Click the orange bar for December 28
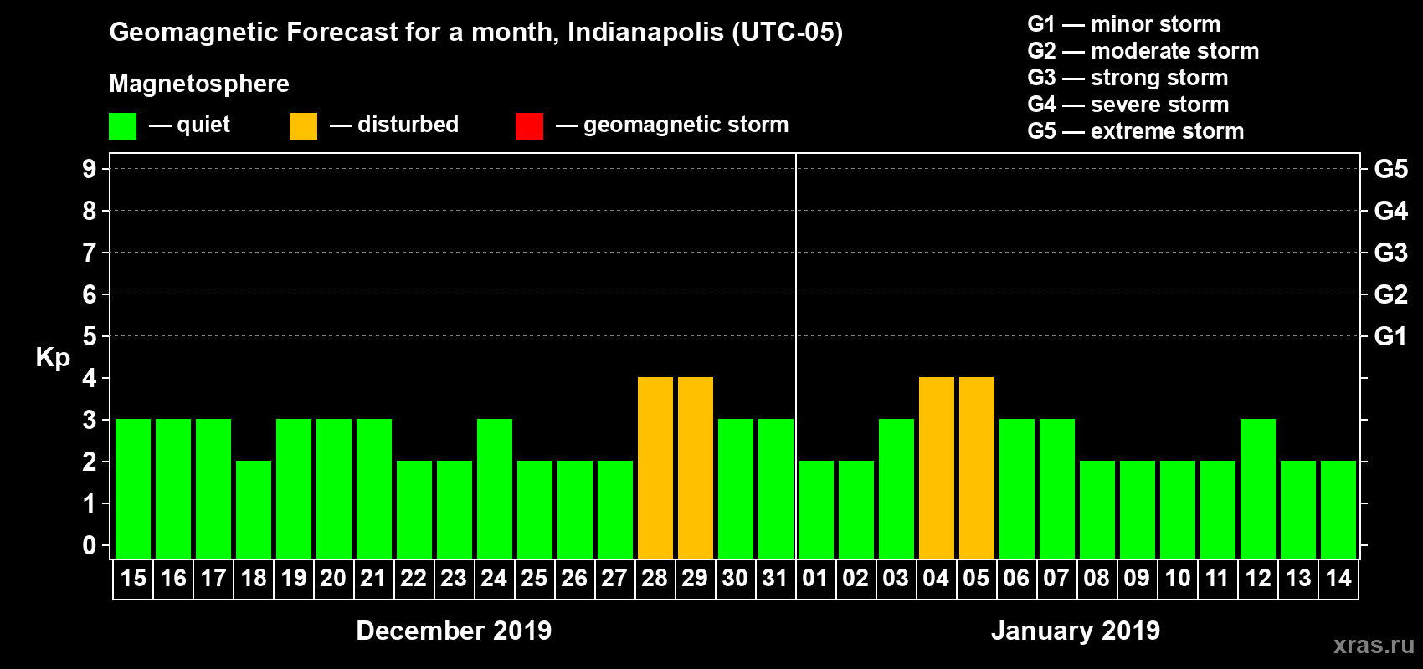(x=655, y=467)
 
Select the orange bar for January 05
(x=977, y=467)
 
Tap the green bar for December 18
(x=254, y=509)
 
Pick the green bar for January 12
(x=1258, y=488)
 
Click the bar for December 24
(x=495, y=488)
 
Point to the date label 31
(x=775, y=579)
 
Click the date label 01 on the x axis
(x=815, y=579)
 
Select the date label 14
(x=1338, y=579)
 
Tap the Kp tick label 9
(x=89, y=169)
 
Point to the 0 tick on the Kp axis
(x=89, y=545)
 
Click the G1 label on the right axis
(x=1390, y=336)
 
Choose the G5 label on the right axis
(x=1390, y=169)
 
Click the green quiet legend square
(x=123, y=126)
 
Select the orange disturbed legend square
(x=303, y=126)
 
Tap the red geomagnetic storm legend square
(x=529, y=126)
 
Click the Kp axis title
(x=53, y=357)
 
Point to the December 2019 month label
(x=454, y=631)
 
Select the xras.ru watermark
(x=1374, y=645)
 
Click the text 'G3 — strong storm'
(x=1128, y=78)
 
